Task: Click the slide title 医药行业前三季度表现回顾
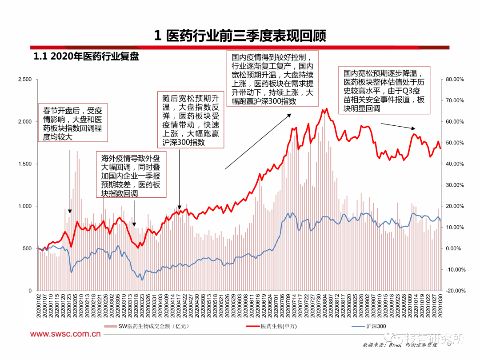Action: click(240, 36)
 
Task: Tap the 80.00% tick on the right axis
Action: click(454, 80)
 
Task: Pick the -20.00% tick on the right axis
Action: click(454, 291)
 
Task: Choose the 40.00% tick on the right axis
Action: click(454, 164)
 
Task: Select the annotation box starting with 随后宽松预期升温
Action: click(191, 120)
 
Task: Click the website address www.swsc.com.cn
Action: click(65, 334)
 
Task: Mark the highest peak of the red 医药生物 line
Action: click(327, 108)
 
